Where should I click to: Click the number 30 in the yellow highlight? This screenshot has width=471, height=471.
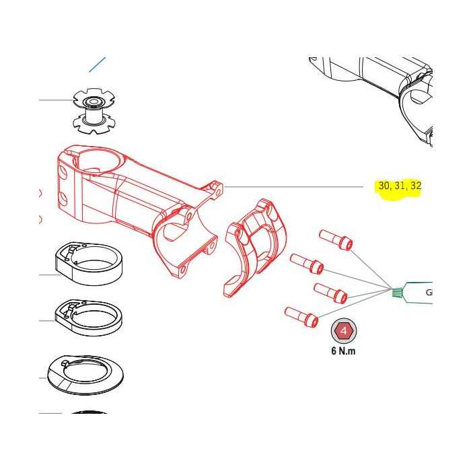(384, 186)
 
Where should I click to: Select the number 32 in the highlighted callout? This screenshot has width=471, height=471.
(416, 186)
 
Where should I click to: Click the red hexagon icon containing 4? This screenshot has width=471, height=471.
(343, 332)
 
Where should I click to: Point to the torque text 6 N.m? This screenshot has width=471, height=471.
(343, 352)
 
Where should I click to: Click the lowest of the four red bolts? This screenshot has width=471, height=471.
(301, 315)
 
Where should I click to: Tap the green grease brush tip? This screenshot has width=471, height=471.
(397, 292)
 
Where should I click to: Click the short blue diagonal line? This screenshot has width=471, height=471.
(98, 65)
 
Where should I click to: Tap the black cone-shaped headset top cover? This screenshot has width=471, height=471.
(78, 374)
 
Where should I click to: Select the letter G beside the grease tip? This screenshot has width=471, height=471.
(429, 293)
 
